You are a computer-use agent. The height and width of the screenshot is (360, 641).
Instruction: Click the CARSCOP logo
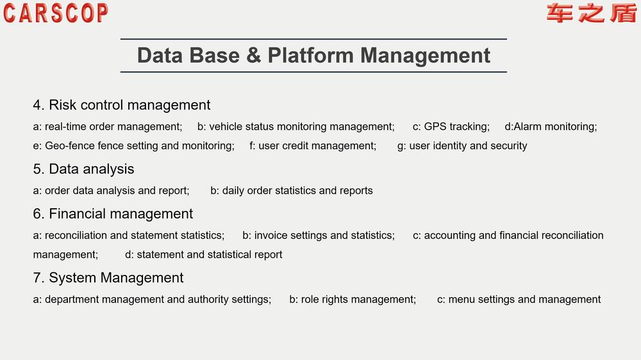56,13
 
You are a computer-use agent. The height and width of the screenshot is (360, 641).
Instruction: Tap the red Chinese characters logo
591,13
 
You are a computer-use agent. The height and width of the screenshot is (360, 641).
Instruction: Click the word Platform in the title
311,55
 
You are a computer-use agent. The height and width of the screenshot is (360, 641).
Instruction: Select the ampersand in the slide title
253,55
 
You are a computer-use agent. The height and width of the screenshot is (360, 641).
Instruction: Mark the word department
72,300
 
